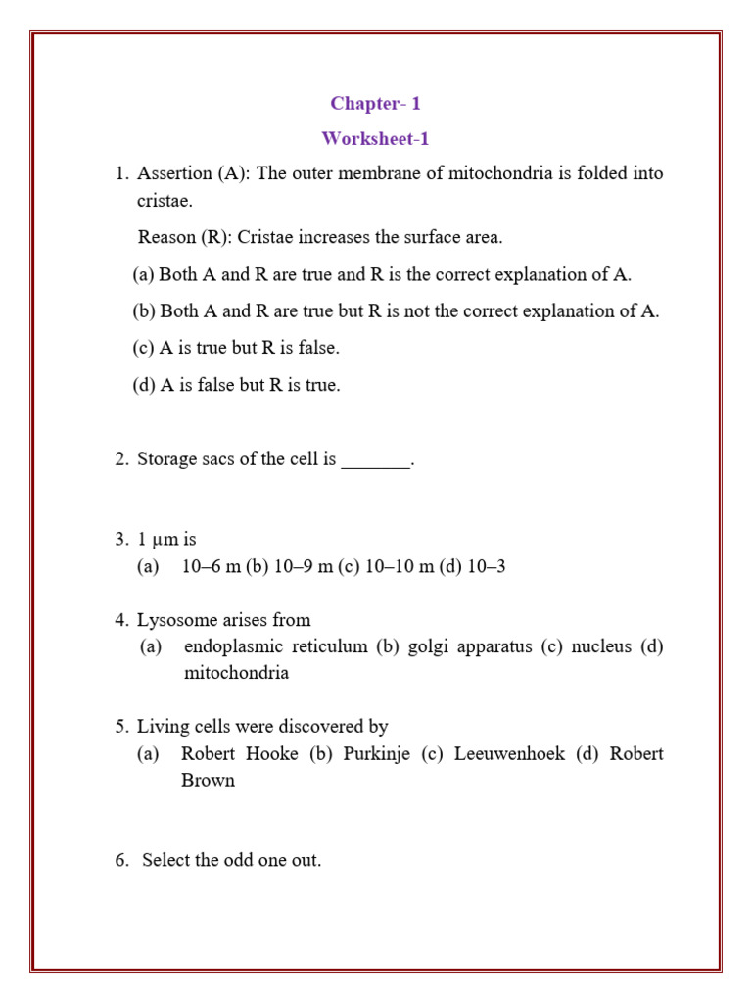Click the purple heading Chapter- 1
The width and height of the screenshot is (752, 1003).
(x=375, y=104)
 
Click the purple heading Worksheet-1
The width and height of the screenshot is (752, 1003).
(x=375, y=139)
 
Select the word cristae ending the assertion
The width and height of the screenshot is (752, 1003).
(x=164, y=202)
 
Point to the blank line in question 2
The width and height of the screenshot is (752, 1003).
(x=375, y=460)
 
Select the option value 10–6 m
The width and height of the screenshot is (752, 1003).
(x=211, y=567)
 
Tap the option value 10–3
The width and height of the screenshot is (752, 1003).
(x=487, y=567)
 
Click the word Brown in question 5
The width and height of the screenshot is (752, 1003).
(x=208, y=782)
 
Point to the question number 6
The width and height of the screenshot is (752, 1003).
(x=121, y=861)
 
